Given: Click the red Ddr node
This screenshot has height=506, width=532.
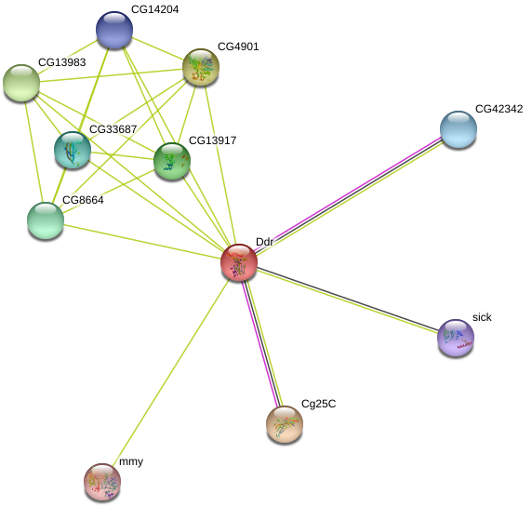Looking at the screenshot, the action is click(x=239, y=262).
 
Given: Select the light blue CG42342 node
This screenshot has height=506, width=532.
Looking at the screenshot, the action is click(x=459, y=129).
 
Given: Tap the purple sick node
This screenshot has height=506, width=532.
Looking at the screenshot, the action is click(x=456, y=338).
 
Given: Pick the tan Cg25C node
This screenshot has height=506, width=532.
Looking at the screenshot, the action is click(x=285, y=424).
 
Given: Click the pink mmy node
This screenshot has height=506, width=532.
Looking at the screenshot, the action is click(x=102, y=482).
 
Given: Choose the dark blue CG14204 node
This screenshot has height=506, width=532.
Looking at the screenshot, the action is click(x=114, y=30).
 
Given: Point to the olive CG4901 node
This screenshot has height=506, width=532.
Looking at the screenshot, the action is click(x=201, y=67).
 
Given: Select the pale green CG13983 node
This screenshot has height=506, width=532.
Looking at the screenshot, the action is click(x=21, y=83).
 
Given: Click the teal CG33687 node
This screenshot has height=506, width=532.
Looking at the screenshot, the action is click(x=73, y=150).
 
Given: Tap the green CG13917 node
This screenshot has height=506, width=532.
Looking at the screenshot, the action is click(x=172, y=161).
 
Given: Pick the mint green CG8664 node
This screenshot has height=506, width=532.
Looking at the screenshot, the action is click(x=46, y=220).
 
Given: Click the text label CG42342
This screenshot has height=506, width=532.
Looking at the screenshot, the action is click(x=499, y=109).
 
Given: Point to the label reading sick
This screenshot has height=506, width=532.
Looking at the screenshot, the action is click(x=482, y=317).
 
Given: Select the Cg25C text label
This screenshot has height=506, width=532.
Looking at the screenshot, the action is click(x=319, y=404).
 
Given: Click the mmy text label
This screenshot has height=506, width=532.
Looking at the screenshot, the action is click(x=131, y=461).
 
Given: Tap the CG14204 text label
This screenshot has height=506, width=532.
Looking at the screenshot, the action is click(x=154, y=9).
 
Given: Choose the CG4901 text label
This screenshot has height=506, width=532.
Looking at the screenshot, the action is click(x=238, y=47).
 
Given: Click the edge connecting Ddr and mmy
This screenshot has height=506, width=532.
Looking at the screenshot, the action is click(x=170, y=372).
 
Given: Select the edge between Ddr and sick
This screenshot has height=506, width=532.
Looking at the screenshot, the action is click(x=348, y=300).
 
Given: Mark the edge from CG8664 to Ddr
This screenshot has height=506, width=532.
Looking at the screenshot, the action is click(x=142, y=241).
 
